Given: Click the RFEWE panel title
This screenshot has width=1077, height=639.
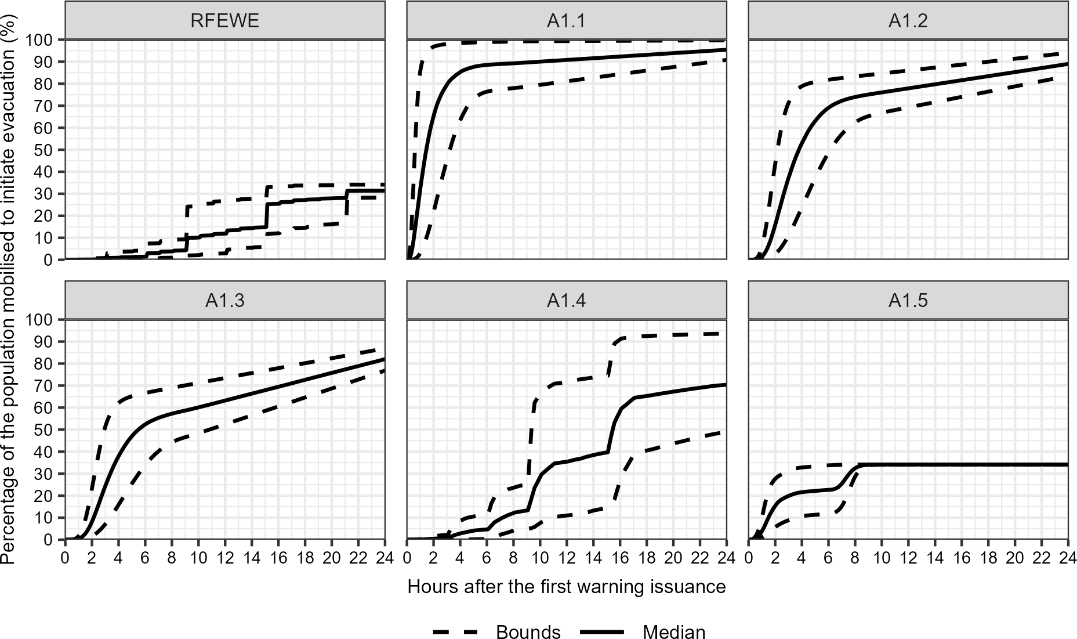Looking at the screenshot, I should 224,21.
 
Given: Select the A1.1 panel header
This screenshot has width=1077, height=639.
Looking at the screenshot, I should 566,21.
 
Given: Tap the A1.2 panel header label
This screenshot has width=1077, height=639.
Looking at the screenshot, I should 908,21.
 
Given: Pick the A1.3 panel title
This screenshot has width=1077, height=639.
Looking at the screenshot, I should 224,301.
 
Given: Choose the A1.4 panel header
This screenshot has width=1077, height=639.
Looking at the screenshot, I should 566,301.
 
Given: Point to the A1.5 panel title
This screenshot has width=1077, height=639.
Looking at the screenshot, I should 908,301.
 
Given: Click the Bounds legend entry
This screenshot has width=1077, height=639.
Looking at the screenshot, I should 528,631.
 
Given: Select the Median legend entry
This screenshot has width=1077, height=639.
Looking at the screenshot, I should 674,631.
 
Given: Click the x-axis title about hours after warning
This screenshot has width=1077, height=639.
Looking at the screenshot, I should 566,587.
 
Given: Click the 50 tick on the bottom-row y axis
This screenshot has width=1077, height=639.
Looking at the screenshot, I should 52,430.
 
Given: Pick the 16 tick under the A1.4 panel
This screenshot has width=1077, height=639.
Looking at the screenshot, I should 620,558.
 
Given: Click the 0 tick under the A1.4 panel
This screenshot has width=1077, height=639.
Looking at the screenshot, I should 407,558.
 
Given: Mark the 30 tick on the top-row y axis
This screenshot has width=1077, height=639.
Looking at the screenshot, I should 52,194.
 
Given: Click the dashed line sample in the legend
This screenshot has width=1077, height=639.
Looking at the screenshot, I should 454,631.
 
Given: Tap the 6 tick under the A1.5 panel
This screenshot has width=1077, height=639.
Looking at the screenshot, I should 828,558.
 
